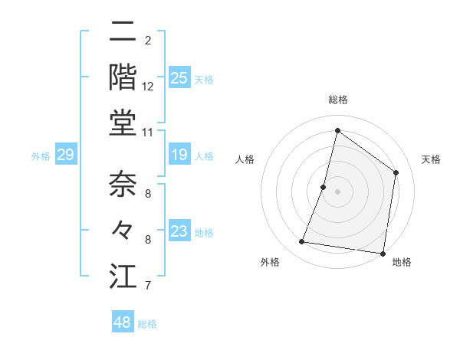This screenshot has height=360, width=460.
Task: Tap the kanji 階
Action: (x=123, y=77)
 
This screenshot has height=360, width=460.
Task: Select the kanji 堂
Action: (x=123, y=123)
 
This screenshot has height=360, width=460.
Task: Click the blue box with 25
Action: (x=179, y=78)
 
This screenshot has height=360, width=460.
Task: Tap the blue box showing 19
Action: (x=179, y=155)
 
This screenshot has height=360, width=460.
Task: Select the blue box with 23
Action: (x=179, y=231)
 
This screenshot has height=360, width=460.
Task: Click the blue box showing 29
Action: (x=65, y=155)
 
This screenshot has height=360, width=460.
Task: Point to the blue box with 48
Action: (x=123, y=322)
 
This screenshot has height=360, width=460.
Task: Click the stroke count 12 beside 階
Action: (x=148, y=86)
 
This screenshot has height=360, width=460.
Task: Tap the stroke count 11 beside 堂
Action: (x=148, y=132)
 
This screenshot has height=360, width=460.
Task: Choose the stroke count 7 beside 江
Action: (x=148, y=286)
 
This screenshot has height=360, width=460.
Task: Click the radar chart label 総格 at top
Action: (x=337, y=100)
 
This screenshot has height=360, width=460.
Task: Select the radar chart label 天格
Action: (x=431, y=159)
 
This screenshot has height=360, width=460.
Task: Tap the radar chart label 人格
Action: (x=245, y=159)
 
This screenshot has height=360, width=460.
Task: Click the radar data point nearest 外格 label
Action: (x=302, y=242)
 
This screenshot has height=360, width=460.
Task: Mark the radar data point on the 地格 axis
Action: (x=383, y=253)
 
